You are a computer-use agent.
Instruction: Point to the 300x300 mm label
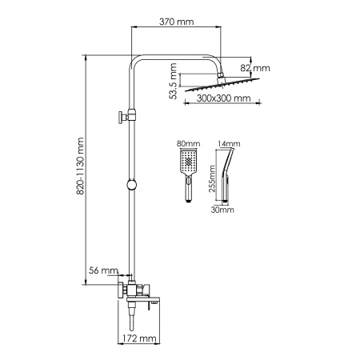pos(223,98)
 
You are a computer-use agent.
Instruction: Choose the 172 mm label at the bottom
pos(141,340)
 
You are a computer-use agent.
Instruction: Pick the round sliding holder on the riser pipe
pos(129,186)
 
